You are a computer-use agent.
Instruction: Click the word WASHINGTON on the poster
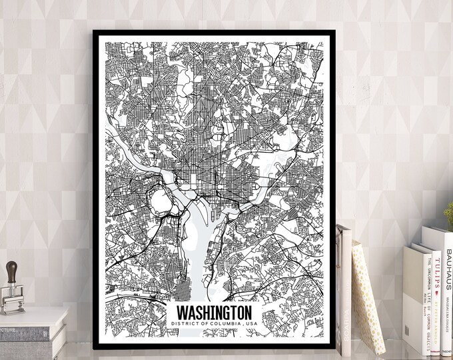click(213, 312)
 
